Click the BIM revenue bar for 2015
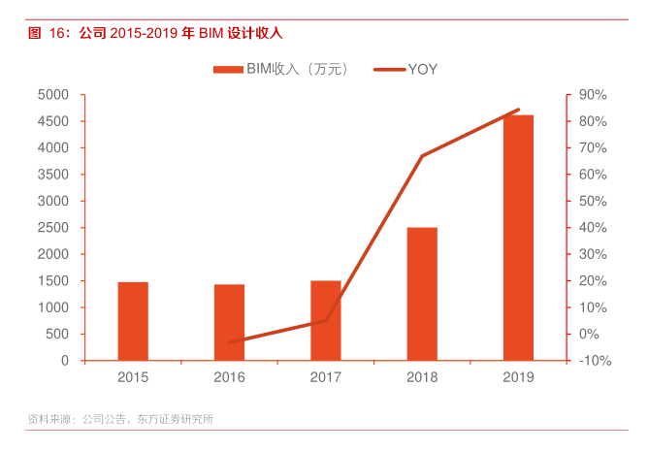tap(133, 321)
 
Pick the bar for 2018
tap(422, 294)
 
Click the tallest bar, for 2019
tap(518, 238)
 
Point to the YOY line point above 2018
tap(422, 156)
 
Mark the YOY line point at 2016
tap(229, 342)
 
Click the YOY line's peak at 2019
tap(518, 110)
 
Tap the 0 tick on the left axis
tap(64, 361)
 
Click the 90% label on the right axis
tap(592, 95)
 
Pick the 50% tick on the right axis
tap(592, 202)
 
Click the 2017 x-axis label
tap(325, 377)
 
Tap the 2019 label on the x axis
tap(518, 377)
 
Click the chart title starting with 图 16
tap(155, 33)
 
